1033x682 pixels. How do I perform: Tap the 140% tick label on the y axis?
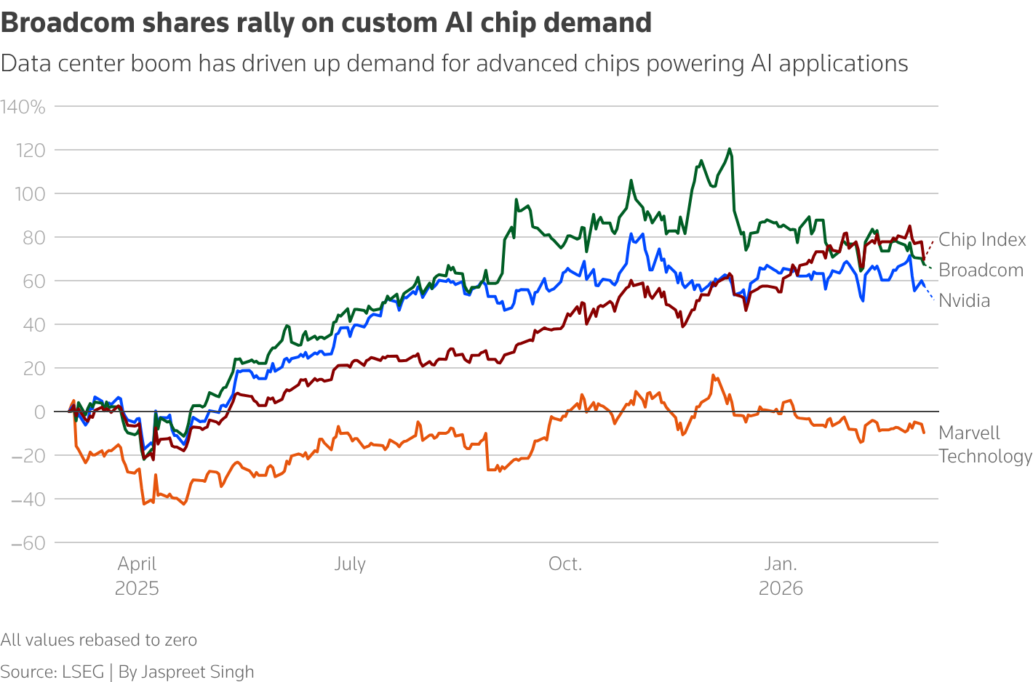tap(23, 108)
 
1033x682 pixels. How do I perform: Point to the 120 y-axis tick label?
tap(29, 151)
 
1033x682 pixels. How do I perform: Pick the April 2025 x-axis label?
tap(137, 575)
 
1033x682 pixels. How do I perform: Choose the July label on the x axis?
tap(350, 564)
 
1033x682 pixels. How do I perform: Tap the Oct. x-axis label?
tap(565, 564)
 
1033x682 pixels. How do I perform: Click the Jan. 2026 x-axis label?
tap(781, 575)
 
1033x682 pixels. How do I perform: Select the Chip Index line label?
tap(982, 240)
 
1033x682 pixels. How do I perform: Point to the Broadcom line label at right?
tap(981, 270)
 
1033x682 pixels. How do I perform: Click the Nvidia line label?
tap(964, 301)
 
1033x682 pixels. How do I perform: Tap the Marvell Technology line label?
tap(984, 444)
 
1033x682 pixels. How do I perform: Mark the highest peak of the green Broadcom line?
tap(729, 149)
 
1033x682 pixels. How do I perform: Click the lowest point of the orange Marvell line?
tap(183, 504)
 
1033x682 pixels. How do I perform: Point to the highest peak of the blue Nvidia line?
tap(631, 234)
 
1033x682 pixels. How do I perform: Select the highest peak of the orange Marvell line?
tap(713, 375)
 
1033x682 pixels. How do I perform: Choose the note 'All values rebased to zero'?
tap(99, 640)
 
